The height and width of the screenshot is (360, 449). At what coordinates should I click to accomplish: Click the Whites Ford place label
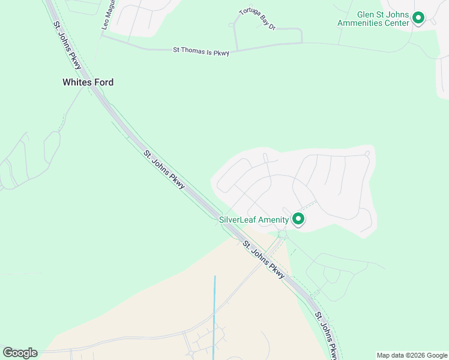click(88, 82)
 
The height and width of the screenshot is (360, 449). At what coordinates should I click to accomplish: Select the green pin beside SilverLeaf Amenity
click(298, 219)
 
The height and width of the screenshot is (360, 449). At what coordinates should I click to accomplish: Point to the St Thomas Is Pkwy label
click(201, 52)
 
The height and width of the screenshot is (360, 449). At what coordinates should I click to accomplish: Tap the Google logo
click(20, 353)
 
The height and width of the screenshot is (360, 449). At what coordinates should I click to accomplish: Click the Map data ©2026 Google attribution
click(412, 355)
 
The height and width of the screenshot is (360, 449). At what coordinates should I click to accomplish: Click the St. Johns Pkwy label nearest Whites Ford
click(67, 45)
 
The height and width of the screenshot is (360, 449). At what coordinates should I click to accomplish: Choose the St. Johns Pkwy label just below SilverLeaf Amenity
click(263, 259)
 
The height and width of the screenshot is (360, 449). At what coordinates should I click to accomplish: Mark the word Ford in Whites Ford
click(103, 82)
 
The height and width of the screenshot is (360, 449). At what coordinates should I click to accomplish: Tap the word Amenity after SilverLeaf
click(274, 220)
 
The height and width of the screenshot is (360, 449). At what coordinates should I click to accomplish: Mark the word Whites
click(76, 82)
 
